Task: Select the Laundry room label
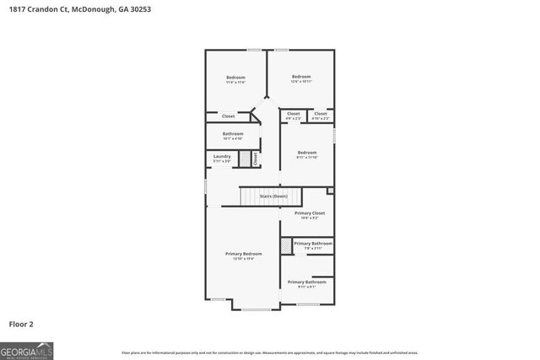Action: [x=222, y=155]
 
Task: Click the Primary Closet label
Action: [x=309, y=213]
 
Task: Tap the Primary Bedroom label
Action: [x=243, y=254]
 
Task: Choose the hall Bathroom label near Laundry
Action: [x=233, y=133]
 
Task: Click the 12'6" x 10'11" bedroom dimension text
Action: [x=301, y=82]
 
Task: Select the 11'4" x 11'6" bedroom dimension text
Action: [x=235, y=83]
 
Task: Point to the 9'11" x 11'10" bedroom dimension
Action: [x=306, y=158]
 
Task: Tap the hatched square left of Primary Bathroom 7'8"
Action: [x=285, y=245]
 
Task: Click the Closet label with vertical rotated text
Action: [x=254, y=158]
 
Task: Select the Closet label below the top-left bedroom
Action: [x=228, y=116]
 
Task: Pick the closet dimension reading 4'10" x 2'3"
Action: [x=320, y=119]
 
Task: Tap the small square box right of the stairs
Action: [x=330, y=191]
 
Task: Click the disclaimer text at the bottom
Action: [x=269, y=352]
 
